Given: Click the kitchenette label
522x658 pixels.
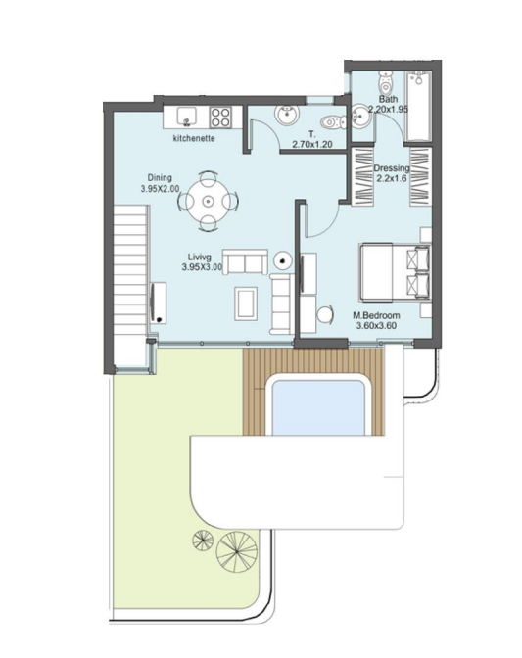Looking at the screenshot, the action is pyautogui.click(x=194, y=138).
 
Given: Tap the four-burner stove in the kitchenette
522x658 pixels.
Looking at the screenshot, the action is pyautogui.click(x=220, y=117).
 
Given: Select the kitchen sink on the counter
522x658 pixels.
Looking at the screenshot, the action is pyautogui.click(x=187, y=117).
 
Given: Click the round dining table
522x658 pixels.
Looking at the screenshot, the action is pyautogui.click(x=207, y=202).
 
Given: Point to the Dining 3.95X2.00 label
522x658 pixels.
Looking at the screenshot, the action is pyautogui.click(x=160, y=183).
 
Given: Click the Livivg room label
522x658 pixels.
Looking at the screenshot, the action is pyautogui.click(x=202, y=261).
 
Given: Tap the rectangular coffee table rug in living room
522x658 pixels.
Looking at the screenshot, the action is pyautogui.click(x=247, y=303).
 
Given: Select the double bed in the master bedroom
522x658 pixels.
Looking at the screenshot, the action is pyautogui.click(x=395, y=272).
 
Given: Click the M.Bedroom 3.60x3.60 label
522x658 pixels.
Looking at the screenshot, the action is pyautogui.click(x=376, y=320).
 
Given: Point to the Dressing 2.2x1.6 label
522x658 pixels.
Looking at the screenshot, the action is pyautogui.click(x=392, y=173).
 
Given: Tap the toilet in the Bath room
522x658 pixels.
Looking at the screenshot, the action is pyautogui.click(x=385, y=82).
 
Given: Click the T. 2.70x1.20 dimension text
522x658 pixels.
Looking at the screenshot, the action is pyautogui.click(x=312, y=139).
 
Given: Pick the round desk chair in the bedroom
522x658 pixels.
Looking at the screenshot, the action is pyautogui.click(x=324, y=313).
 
